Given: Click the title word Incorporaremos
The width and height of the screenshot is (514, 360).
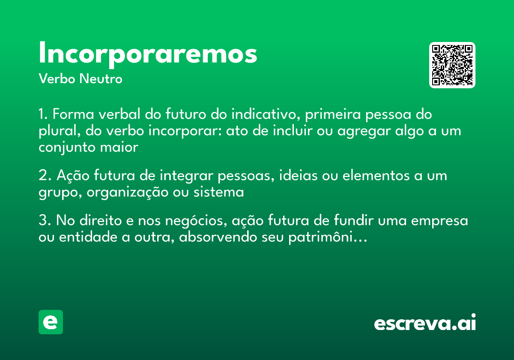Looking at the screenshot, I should (x=148, y=54).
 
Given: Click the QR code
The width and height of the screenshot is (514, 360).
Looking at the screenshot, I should (x=452, y=65).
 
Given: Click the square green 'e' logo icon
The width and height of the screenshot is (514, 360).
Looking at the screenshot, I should (x=51, y=322).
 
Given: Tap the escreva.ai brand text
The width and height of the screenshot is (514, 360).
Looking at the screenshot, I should (x=425, y=323).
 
